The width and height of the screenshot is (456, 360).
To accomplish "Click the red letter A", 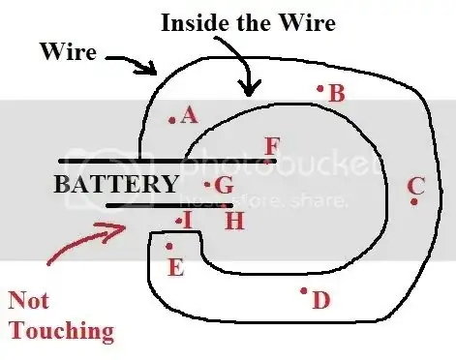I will click(189, 116).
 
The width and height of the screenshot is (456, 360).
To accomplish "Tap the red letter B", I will click(337, 94).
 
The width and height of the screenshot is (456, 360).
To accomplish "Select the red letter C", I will click(416, 185).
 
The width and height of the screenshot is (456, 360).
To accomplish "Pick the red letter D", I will click(321, 301).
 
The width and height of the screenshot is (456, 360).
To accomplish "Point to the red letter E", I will click(175, 268).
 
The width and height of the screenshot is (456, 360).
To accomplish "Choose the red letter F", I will click(272, 147).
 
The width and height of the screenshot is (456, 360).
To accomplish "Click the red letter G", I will click(224, 185).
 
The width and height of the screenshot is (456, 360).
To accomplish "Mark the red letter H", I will click(233, 221).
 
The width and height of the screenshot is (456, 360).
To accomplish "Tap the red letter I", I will click(188, 221).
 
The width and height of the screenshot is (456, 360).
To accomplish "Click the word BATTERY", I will click(115, 184).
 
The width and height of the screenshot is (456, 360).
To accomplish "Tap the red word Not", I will click(29, 301).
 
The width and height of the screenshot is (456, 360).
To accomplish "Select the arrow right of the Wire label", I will click(131, 63).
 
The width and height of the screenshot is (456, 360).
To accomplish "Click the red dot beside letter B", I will click(319, 88).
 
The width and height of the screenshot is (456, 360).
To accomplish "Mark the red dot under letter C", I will click(413, 201).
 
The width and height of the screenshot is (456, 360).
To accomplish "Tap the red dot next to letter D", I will click(304, 289).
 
